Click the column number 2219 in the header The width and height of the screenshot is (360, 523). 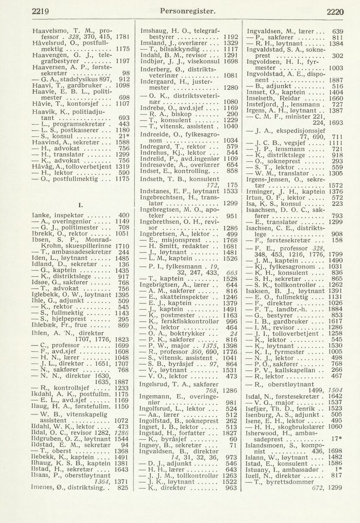coord(41,12)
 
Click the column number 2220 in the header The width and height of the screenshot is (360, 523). coord(335,12)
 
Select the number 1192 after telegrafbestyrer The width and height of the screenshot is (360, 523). coord(230,37)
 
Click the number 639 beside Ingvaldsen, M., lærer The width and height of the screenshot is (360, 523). coord(338,31)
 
